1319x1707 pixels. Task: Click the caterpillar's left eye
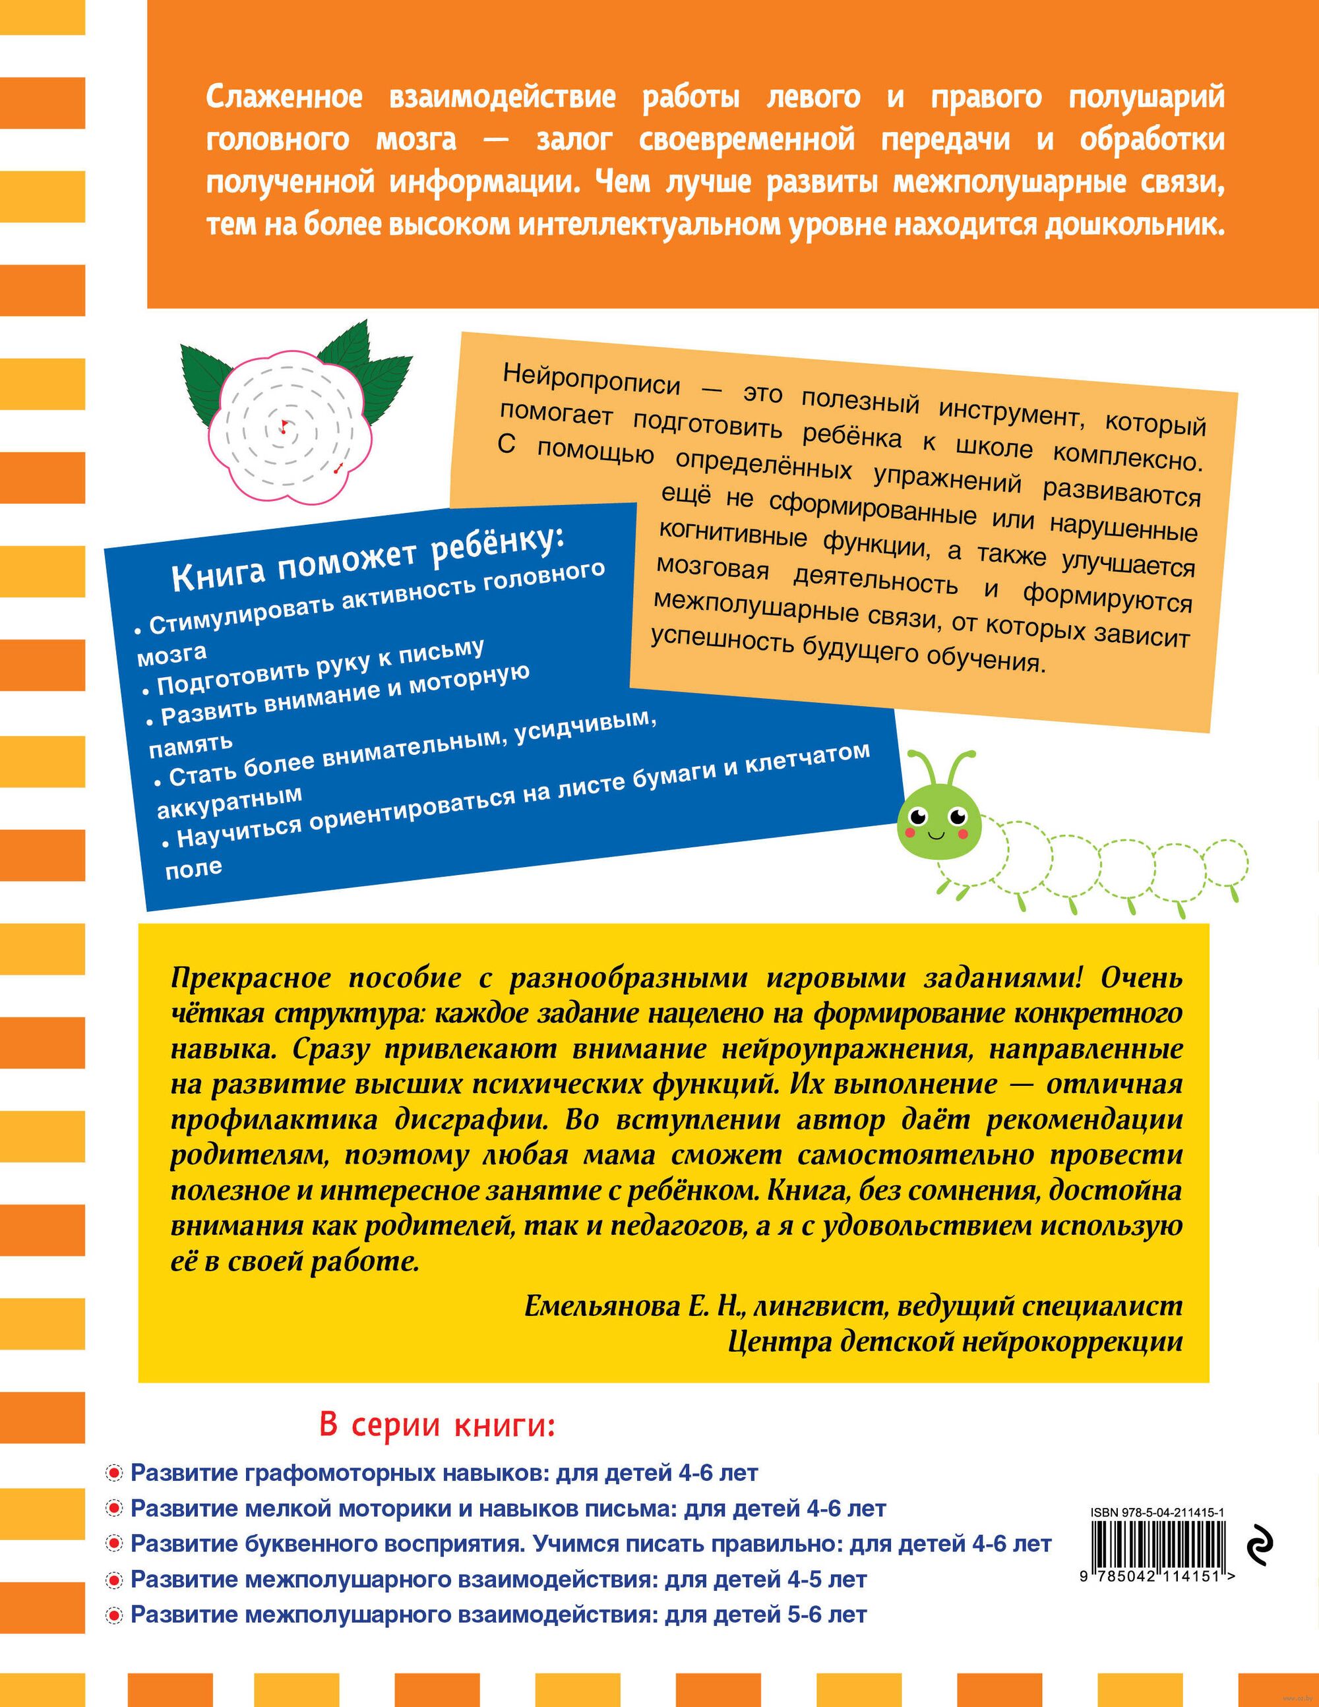[x=918, y=816]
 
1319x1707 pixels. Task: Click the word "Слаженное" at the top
[x=285, y=98]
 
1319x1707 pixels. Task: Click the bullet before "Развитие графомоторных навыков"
[x=114, y=1474]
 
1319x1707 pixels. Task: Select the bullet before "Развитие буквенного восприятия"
[x=114, y=1544]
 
